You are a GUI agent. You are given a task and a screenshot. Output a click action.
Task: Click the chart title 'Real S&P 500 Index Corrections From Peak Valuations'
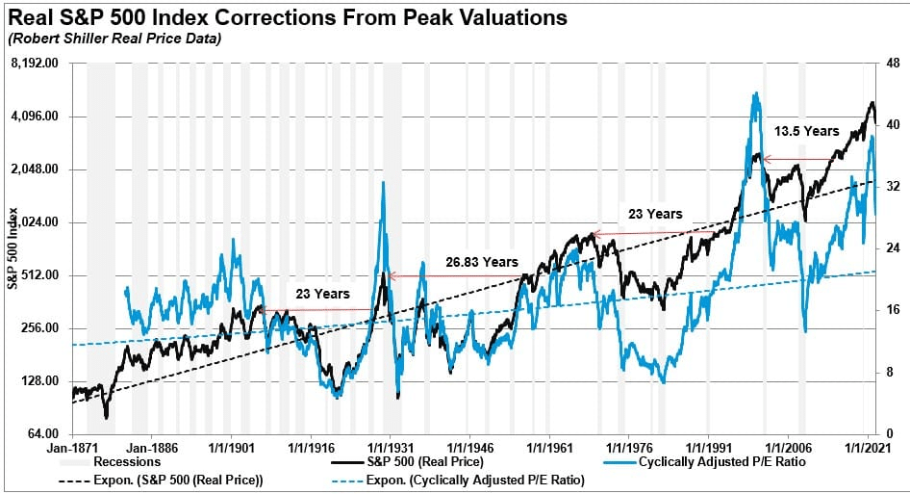pos(286,18)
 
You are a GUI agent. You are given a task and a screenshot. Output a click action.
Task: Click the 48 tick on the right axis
pos(892,64)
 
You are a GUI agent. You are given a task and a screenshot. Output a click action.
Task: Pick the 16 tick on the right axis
pos(892,310)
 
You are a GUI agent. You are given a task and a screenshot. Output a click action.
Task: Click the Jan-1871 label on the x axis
pos(73,449)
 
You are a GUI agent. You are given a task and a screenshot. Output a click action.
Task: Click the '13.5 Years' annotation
pos(806,131)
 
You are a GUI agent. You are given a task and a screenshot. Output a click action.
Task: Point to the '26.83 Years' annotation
pos(481,262)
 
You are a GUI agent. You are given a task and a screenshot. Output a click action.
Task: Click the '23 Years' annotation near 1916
pos(322,294)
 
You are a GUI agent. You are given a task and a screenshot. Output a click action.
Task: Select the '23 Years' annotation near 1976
pos(655,214)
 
